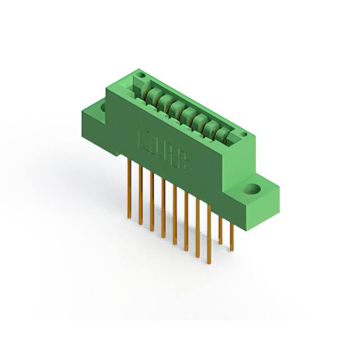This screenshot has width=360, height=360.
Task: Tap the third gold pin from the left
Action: click(x=152, y=202)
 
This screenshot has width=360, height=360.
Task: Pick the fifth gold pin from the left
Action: click(x=174, y=216)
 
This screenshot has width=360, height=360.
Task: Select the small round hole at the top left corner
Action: click(x=142, y=75)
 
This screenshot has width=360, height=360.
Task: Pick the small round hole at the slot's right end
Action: click(x=244, y=134)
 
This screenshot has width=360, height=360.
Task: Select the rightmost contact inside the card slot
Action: click(x=224, y=133)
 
